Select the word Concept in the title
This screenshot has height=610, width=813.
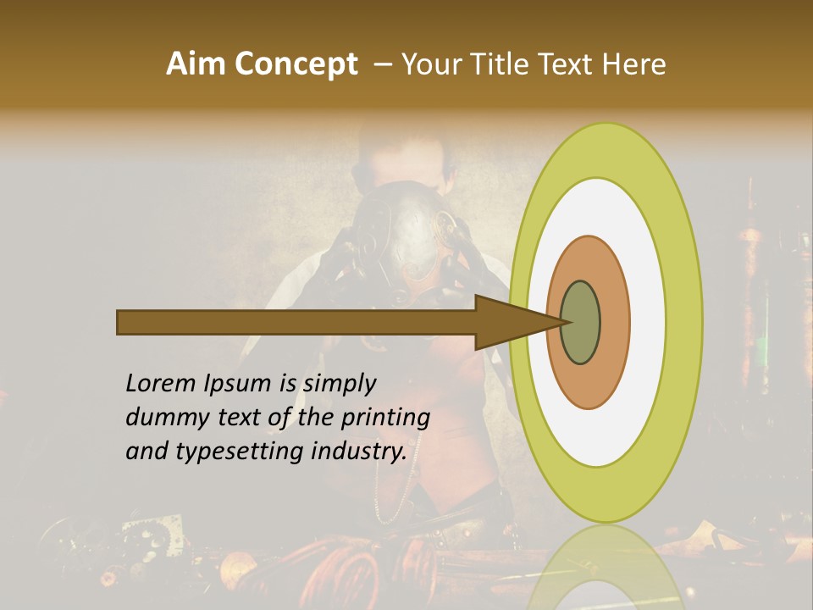click(x=296, y=64)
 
